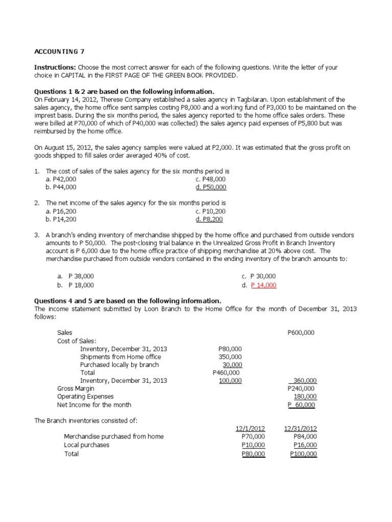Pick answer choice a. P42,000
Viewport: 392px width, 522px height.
tap(61, 179)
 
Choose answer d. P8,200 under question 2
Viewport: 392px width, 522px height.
tap(209, 219)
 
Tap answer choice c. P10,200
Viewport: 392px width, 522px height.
tap(210, 212)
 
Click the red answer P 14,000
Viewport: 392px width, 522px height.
tap(264, 285)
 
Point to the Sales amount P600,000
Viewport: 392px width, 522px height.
tap(301, 332)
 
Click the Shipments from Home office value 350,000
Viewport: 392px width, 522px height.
tap(230, 356)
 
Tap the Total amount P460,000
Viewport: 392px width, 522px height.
tap(227, 373)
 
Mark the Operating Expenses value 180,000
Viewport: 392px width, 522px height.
tap(305, 397)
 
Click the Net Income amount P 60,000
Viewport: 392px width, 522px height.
tap(302, 405)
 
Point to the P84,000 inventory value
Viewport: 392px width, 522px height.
tap(305, 436)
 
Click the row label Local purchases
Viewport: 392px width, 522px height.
tap(87, 445)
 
